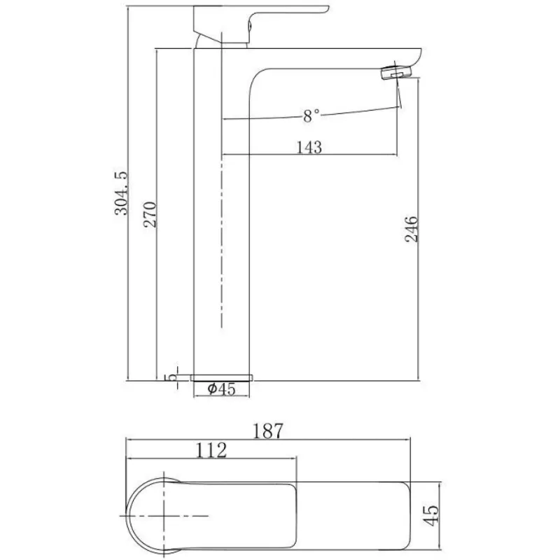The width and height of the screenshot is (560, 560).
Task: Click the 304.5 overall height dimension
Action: point(121,193)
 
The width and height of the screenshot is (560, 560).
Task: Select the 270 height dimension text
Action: point(150,215)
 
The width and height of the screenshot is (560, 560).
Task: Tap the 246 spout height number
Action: point(412,229)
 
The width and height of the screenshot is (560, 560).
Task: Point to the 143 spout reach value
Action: point(309,147)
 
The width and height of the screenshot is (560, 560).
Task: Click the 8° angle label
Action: point(311,116)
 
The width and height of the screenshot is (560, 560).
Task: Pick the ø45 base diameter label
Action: point(221,389)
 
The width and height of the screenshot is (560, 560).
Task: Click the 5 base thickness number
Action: point(170,377)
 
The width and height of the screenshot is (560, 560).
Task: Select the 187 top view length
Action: point(268,431)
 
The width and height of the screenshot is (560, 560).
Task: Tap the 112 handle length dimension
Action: point(211,450)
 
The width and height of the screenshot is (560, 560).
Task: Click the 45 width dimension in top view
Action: point(431,515)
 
